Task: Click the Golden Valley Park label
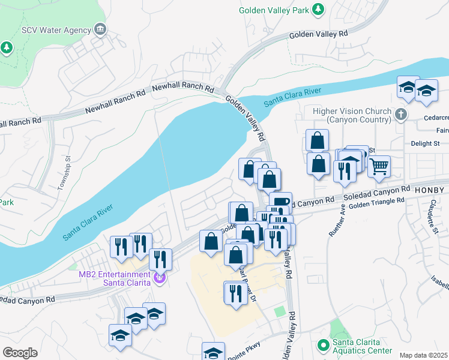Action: click(274, 10)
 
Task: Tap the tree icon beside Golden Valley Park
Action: click(318, 10)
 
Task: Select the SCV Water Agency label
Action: click(56, 29)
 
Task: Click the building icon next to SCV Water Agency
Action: click(100, 29)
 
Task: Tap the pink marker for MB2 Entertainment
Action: click(160, 278)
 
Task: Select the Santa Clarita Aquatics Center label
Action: click(364, 347)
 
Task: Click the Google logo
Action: click(20, 352)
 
